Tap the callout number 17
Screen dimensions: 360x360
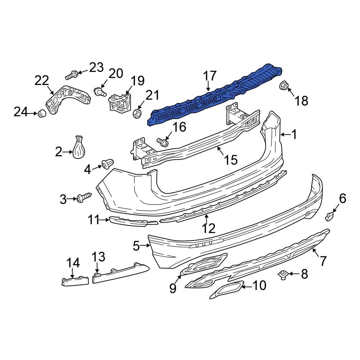coord(210,76)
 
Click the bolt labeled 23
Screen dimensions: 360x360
coord(72,76)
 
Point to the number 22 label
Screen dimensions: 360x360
coord(42,81)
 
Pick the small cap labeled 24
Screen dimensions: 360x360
coord(41,114)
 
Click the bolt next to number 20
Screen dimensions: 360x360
coord(99,91)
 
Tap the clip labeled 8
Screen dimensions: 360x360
coord(283,275)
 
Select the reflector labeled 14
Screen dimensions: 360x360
coord(75,280)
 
